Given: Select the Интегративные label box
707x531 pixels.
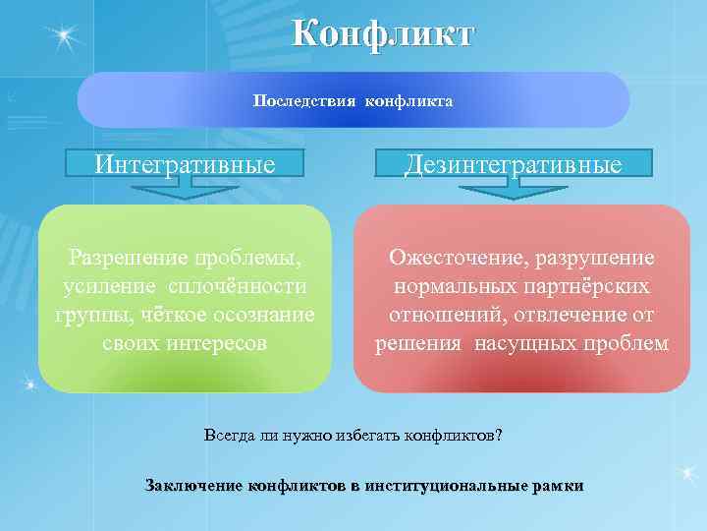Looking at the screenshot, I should click(x=185, y=163).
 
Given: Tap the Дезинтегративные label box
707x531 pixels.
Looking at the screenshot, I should click(x=514, y=163).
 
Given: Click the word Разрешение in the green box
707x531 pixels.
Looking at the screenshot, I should click(x=121, y=259).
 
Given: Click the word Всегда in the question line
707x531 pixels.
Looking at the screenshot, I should click(x=229, y=435).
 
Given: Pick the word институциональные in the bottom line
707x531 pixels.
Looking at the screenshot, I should click(x=446, y=485).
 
